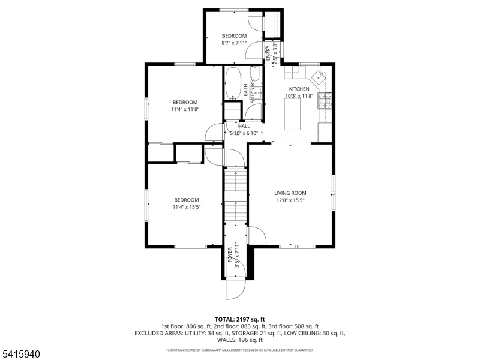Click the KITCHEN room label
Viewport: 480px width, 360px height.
pyautogui.click(x=299, y=89)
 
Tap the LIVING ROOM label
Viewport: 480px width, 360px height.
pyautogui.click(x=290, y=193)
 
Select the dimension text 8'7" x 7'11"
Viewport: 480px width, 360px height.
pyautogui.click(x=233, y=43)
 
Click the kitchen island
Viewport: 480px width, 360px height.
pyautogui.click(x=292, y=114)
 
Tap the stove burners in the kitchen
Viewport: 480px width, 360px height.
pyautogui.click(x=326, y=101)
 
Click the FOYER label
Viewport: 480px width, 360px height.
pyautogui.click(x=230, y=255)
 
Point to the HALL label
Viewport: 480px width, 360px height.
pyautogui.click(x=244, y=127)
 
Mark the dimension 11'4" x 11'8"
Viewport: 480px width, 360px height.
pyautogui.click(x=185, y=109)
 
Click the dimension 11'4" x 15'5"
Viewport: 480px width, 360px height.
pyautogui.click(x=186, y=207)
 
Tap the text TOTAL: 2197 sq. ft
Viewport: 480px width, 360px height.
pyautogui.click(x=240, y=319)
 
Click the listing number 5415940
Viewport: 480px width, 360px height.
pyautogui.click(x=21, y=355)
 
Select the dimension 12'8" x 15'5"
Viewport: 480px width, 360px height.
pyautogui.click(x=290, y=200)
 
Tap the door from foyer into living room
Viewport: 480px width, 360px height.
pyautogui.click(x=256, y=235)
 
